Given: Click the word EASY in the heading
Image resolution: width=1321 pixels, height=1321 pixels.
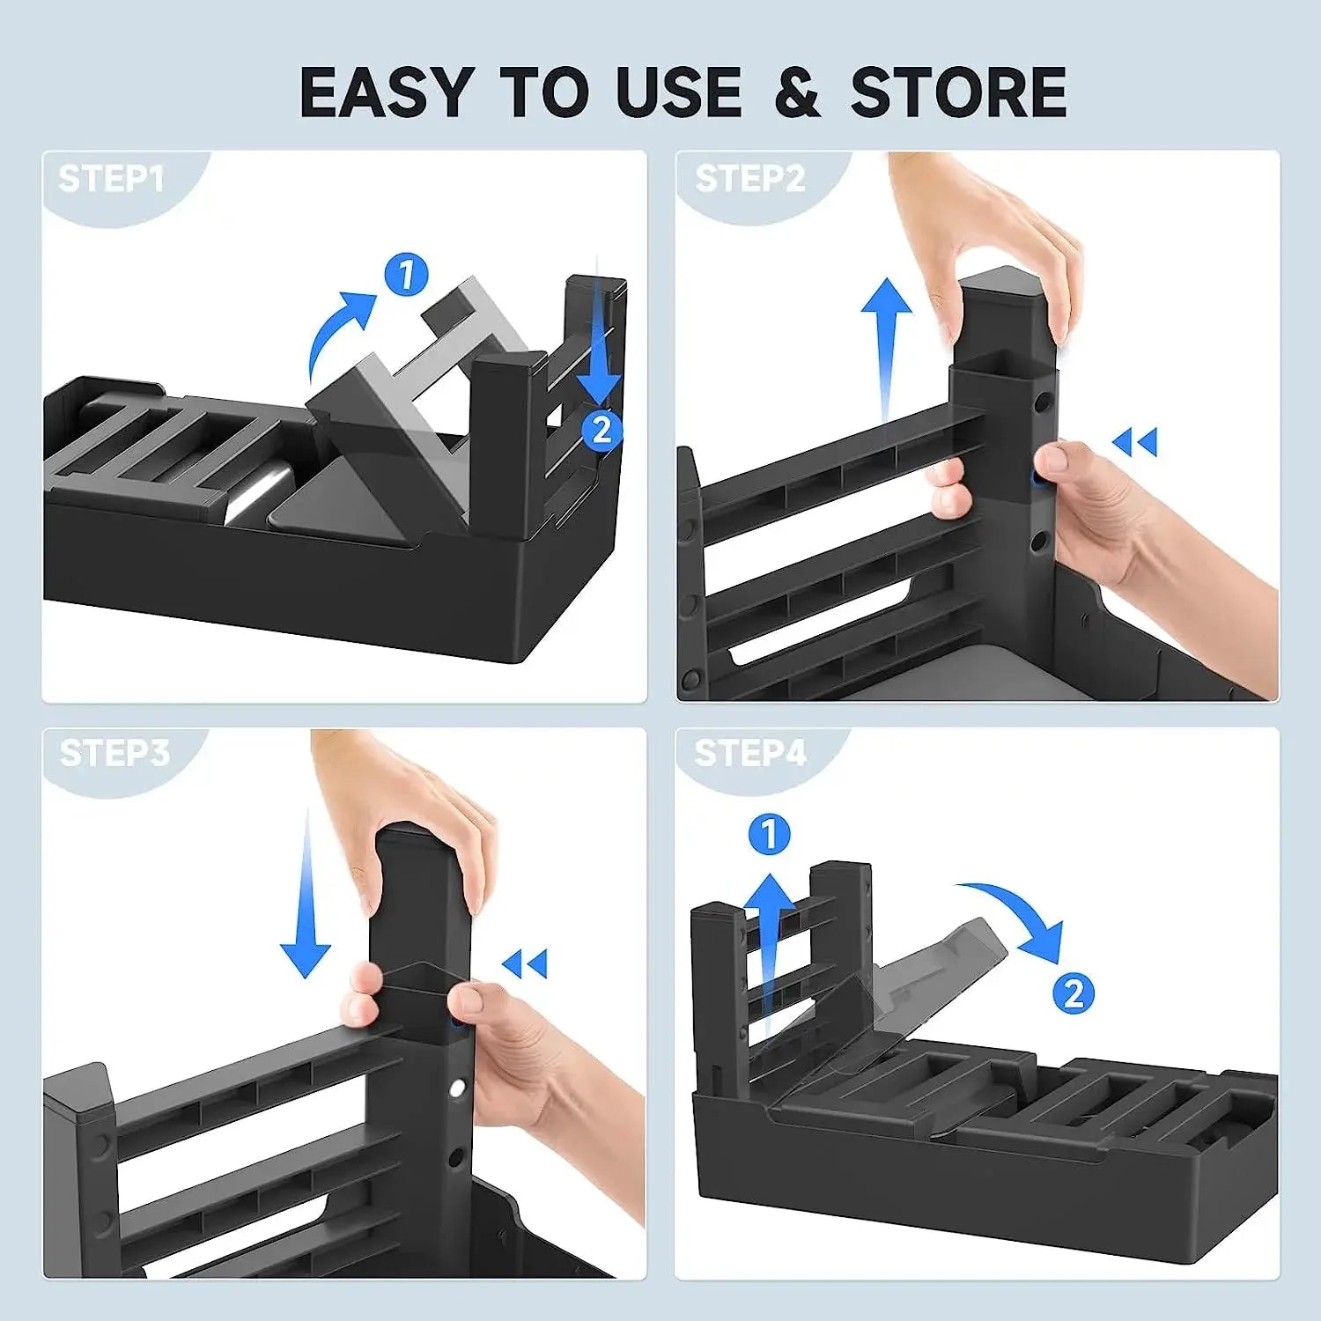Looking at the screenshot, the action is pyautogui.click(x=386, y=92).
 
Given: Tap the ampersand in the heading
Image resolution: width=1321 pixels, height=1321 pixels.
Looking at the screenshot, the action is pyautogui.click(x=798, y=92).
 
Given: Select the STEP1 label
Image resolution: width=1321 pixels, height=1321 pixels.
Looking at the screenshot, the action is pyautogui.click(x=111, y=179).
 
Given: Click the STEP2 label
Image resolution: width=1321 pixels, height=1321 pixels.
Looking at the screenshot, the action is pyautogui.click(x=750, y=179).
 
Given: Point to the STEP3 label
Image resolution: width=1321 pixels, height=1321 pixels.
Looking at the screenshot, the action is pyautogui.click(x=114, y=754).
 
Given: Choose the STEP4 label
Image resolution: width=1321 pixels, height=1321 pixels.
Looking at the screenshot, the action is pyautogui.click(x=750, y=754).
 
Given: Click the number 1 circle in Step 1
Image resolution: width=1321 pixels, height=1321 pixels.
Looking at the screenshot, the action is pyautogui.click(x=406, y=275).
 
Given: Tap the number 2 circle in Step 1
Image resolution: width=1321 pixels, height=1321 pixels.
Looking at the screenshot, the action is pyautogui.click(x=601, y=430).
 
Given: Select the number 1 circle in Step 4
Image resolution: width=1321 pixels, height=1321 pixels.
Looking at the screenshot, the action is pyautogui.click(x=770, y=834).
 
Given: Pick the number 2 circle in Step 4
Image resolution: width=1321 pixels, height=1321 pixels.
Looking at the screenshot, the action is pyautogui.click(x=1074, y=994).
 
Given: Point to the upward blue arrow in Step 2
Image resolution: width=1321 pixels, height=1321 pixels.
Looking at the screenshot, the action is pyautogui.click(x=886, y=352).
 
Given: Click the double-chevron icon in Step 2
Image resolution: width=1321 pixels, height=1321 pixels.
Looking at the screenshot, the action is pyautogui.click(x=1135, y=441).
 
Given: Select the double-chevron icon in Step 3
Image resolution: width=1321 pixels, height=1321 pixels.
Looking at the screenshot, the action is pyautogui.click(x=525, y=963).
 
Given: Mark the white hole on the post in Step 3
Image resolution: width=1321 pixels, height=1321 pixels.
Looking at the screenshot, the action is pyautogui.click(x=457, y=1089).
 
